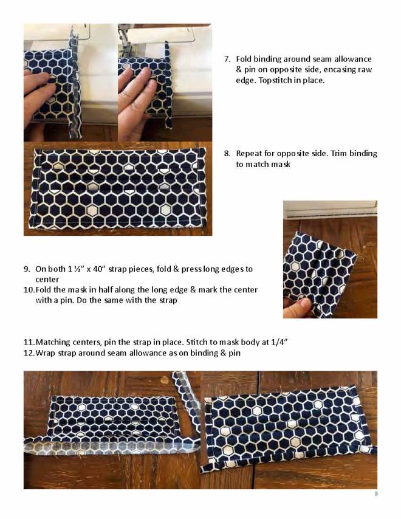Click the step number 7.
(x=227, y=60)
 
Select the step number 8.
(x=227, y=154)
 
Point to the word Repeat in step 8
(x=248, y=154)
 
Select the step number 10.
(x=29, y=290)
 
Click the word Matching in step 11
(x=52, y=343)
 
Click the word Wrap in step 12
(x=46, y=353)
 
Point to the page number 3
(x=375, y=494)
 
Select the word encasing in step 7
(x=339, y=70)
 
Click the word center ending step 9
(x=47, y=280)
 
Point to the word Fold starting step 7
(x=244, y=60)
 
